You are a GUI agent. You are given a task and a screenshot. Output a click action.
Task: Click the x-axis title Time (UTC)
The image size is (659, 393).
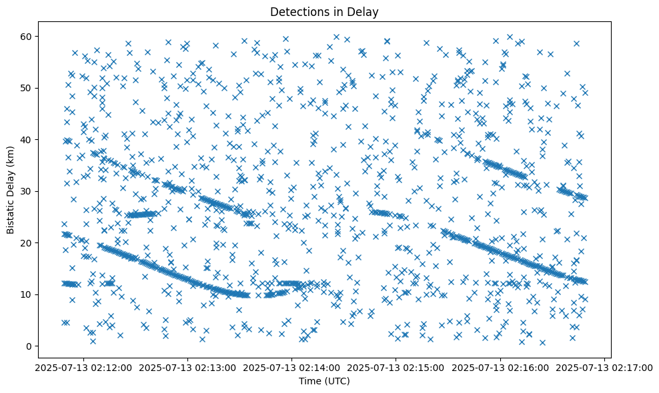[323, 381]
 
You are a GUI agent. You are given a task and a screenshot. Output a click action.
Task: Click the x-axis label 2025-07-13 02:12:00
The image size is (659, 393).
[83, 368]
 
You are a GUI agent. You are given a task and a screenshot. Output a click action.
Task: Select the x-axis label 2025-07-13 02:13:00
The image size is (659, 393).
[187, 368]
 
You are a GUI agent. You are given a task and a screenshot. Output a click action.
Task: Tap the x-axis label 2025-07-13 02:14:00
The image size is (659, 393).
[291, 368]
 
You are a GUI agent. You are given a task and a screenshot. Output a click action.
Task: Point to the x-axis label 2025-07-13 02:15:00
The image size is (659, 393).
[396, 368]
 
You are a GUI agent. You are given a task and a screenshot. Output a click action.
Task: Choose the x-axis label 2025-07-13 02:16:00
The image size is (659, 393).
[500, 368]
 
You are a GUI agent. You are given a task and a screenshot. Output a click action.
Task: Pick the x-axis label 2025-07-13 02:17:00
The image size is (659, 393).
[604, 368]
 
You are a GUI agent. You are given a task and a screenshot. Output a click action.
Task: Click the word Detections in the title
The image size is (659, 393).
[296, 11]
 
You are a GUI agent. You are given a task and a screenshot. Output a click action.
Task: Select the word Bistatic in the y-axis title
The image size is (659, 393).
[11, 214]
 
